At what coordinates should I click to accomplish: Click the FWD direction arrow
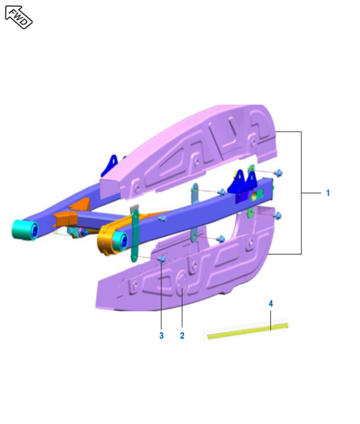[x=19, y=17]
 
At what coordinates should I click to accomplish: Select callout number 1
[x=328, y=193]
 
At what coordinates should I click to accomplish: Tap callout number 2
[x=182, y=335]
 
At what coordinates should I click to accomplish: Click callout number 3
[x=161, y=335]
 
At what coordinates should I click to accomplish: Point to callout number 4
[x=271, y=304]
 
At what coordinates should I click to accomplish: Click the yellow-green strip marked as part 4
[x=247, y=331]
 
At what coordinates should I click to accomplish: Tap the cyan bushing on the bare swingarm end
[x=25, y=230]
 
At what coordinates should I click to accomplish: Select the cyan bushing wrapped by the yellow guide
[x=121, y=241]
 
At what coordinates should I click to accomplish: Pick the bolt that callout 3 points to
[x=162, y=259]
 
